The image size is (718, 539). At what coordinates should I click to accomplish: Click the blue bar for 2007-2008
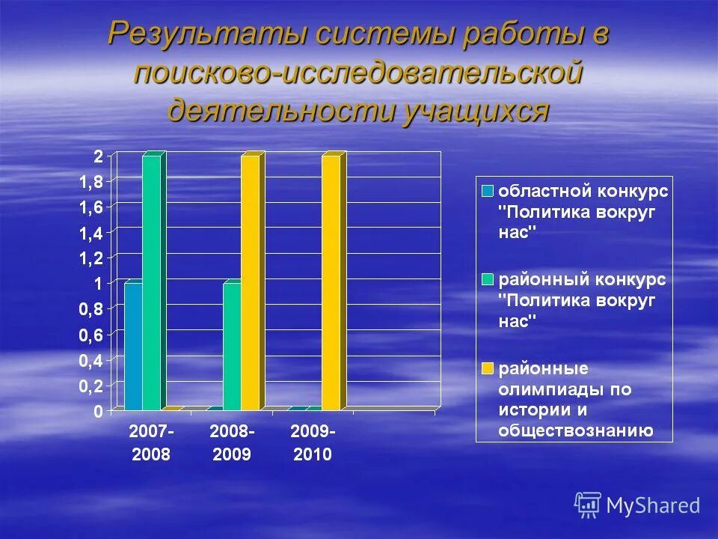[x=133, y=346]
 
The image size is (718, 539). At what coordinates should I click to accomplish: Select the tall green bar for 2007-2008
[x=152, y=282]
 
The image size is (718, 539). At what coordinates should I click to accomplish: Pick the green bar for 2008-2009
[x=233, y=346]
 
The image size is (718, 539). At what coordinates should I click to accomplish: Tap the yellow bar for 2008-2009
[x=251, y=282]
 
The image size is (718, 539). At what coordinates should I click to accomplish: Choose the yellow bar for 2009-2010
[x=331, y=282]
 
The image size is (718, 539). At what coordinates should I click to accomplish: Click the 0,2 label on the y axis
[x=93, y=386]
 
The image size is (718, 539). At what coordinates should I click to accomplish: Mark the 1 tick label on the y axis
[x=99, y=283]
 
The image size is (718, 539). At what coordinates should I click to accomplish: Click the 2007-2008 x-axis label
[x=152, y=442]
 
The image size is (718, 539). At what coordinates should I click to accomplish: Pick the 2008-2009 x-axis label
[x=233, y=442]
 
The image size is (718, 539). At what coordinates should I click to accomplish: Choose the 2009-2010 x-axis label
[x=313, y=442]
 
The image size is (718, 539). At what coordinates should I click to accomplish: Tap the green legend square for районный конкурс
[x=488, y=279]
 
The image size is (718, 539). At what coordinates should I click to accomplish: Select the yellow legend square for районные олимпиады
[x=488, y=368]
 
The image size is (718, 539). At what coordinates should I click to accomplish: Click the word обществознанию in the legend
[x=576, y=430]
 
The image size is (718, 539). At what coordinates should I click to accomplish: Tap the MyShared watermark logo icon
[x=588, y=505]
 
